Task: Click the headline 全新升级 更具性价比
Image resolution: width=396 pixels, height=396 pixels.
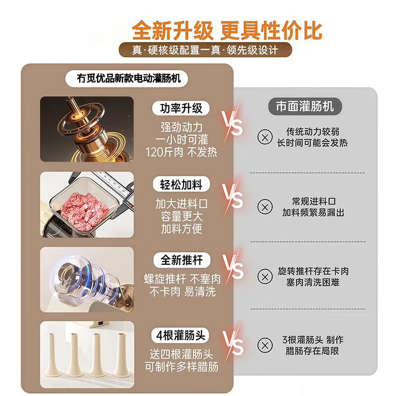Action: point(227,30)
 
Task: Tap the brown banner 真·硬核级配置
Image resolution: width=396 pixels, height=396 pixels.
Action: point(205,50)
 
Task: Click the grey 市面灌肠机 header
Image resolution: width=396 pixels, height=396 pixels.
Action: point(305,106)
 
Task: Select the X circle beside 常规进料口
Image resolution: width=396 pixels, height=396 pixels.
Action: point(266,207)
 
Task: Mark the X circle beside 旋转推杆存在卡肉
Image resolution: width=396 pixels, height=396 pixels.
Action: point(266,276)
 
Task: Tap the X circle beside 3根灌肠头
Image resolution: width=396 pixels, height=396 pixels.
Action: point(266,345)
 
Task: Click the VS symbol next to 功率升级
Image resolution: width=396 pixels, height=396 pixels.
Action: point(232,122)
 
